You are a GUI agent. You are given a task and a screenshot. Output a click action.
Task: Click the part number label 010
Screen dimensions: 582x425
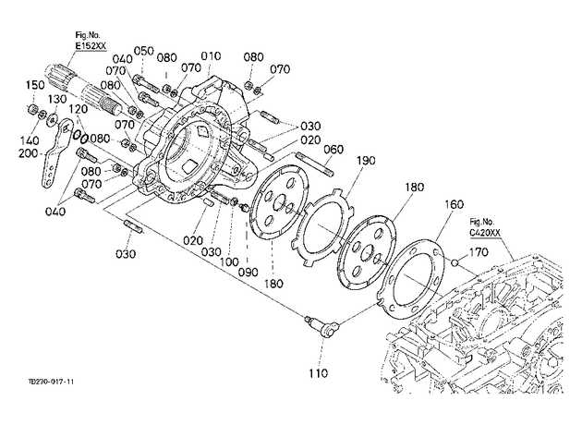click(211, 56)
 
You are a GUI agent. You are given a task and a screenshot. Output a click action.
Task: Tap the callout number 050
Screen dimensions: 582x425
click(143, 51)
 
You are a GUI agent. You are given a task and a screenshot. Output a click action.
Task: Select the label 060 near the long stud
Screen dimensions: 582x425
click(333, 150)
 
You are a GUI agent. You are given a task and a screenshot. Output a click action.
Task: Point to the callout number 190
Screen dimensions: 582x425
click(366, 161)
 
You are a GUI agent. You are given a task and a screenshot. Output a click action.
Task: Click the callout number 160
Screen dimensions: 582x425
click(454, 204)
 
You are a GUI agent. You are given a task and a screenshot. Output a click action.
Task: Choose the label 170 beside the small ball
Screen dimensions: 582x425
click(479, 252)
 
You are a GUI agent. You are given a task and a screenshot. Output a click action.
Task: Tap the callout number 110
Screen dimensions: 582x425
click(319, 372)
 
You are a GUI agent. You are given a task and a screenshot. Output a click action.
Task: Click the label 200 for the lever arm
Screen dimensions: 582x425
click(29, 153)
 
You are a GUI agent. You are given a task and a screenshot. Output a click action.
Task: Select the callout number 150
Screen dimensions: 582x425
click(35, 85)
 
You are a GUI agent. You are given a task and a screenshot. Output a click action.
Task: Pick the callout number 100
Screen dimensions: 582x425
click(229, 262)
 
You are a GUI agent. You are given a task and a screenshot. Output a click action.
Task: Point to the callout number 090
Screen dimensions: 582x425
click(248, 272)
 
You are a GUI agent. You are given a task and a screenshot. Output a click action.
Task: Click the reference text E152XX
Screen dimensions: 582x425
click(91, 45)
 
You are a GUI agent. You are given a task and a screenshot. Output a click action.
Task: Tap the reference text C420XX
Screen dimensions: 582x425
click(485, 233)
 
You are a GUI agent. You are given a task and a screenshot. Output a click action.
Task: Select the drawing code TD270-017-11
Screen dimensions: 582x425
click(51, 382)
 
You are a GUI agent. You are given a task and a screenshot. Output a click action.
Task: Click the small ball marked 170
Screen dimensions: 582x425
click(455, 263)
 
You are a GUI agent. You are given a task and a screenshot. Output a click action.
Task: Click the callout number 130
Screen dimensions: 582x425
click(56, 99)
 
